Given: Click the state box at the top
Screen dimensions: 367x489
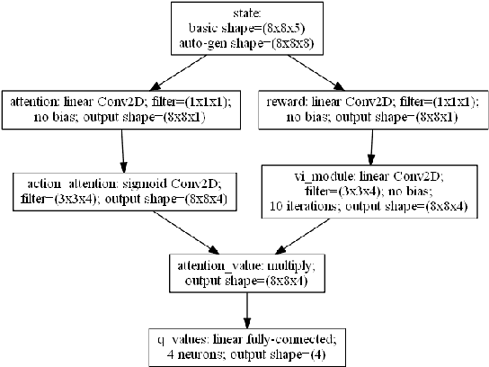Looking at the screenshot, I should point(245,29).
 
